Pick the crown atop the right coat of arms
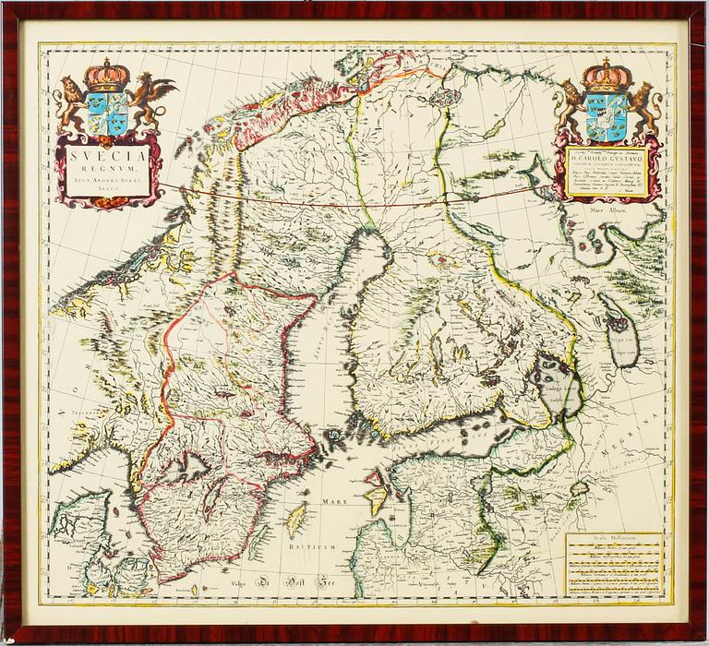607,74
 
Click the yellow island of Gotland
296,521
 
